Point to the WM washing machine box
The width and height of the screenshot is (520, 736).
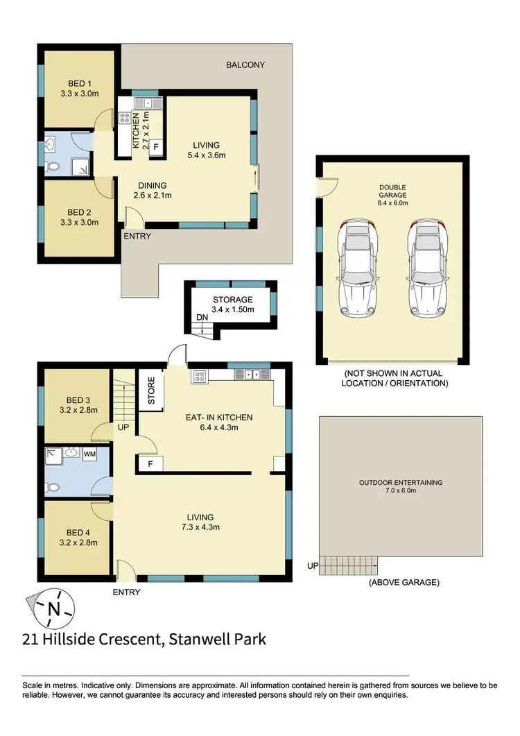(89, 454)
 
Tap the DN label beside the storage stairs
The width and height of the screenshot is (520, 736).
(201, 317)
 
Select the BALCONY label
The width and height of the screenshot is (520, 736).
(245, 65)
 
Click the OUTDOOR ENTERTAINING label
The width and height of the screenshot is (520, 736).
(400, 483)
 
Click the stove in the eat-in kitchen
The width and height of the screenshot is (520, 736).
(200, 376)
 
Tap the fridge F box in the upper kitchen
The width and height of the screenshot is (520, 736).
(156, 148)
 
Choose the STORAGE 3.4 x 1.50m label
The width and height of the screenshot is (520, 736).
(232, 304)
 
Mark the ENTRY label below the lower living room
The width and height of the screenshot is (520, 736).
(126, 592)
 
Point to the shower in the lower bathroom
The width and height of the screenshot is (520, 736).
(54, 456)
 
